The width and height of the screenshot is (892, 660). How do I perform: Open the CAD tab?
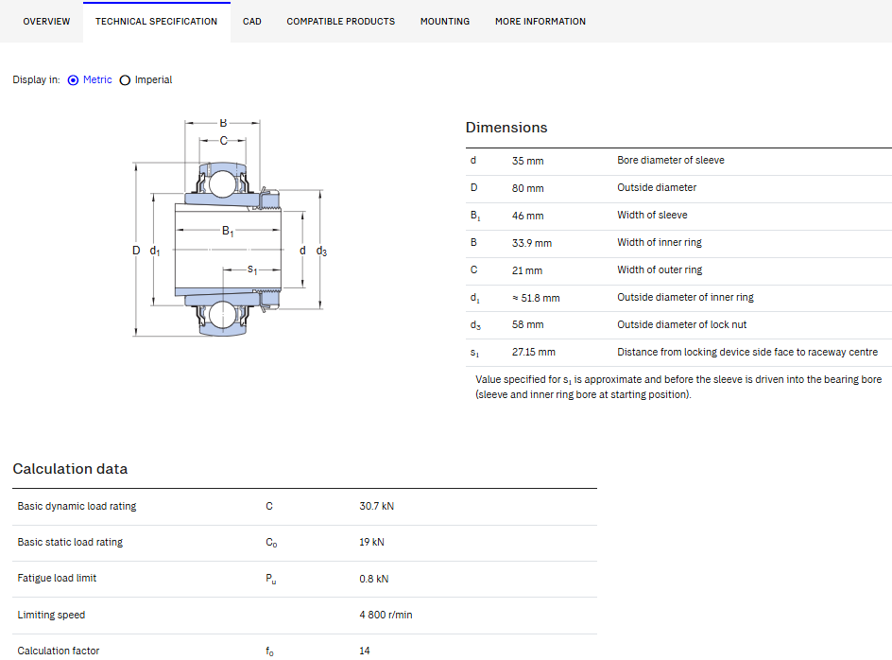[252, 22]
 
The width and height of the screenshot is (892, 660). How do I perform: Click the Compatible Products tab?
[341, 22]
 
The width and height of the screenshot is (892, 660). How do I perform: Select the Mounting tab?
[445, 22]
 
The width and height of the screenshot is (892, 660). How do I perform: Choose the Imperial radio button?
[125, 80]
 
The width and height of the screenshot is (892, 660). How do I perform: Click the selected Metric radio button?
[73, 80]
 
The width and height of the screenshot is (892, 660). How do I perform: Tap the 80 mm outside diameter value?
[528, 188]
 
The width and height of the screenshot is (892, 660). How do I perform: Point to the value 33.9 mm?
[532, 243]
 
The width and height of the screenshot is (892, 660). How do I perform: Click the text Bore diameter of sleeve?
[671, 161]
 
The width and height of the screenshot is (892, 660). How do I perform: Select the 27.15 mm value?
[534, 353]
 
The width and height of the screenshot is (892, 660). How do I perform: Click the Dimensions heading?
[506, 128]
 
